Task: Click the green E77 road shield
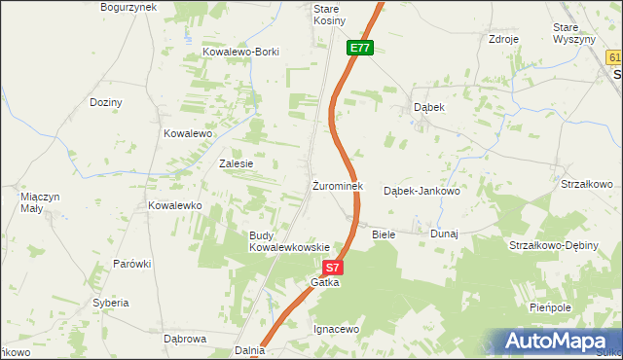click(360, 48)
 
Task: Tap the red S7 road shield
click(333, 267)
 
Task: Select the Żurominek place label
click(338, 186)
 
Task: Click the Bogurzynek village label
click(128, 7)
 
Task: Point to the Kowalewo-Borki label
click(240, 52)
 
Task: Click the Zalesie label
click(237, 163)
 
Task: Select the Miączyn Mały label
click(41, 201)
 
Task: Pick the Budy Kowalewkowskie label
click(290, 241)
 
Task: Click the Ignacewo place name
click(337, 329)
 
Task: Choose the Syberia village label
click(111, 303)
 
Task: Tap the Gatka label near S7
click(325, 282)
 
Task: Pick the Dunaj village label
click(444, 234)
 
